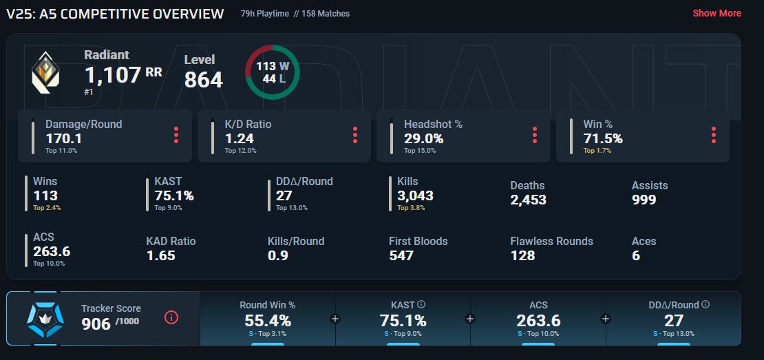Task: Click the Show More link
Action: (717, 13)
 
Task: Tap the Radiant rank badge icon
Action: (45, 72)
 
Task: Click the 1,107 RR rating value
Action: (123, 75)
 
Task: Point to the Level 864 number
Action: (203, 80)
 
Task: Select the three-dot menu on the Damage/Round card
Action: (176, 135)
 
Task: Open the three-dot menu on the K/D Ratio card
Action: (355, 135)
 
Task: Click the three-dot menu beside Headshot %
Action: (535, 135)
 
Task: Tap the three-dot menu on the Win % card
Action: (714, 135)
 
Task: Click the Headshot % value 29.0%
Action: (423, 139)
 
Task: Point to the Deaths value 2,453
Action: (528, 200)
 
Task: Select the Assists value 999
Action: (644, 200)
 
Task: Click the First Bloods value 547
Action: (401, 255)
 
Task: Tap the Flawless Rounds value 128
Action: (522, 255)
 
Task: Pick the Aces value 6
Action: (636, 255)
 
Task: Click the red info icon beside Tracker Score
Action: (171, 317)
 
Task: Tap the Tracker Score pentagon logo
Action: (45, 319)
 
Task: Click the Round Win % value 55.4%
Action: (268, 321)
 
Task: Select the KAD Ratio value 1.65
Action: (160, 255)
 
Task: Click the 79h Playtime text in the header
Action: (264, 14)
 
